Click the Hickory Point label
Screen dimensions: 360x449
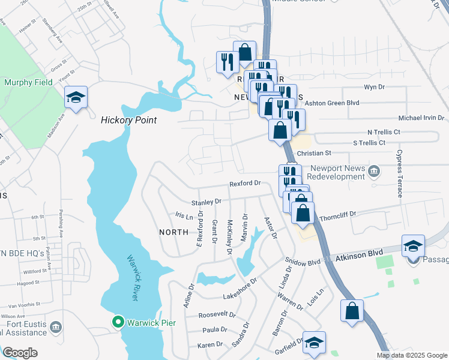pyautogui.click(x=128, y=120)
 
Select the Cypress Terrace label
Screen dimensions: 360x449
pyautogui.click(x=399, y=175)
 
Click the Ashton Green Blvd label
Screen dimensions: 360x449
pyautogui.click(x=333, y=103)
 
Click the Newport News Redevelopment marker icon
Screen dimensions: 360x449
pyautogui.click(x=374, y=173)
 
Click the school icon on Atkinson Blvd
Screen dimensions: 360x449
pyautogui.click(x=413, y=247)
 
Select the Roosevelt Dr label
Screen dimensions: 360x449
pyautogui.click(x=217, y=314)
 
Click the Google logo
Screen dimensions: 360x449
pyautogui.click(x=20, y=353)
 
